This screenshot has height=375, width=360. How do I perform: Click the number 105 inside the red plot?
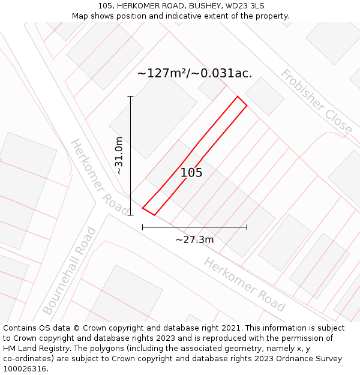(191, 173)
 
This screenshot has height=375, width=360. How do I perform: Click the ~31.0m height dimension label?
(119, 155)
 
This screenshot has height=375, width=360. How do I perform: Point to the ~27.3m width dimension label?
(194, 240)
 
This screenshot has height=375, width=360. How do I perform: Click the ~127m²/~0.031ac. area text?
(194, 74)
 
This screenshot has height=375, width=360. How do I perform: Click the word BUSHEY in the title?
(199, 6)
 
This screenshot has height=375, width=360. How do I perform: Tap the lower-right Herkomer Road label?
(244, 284)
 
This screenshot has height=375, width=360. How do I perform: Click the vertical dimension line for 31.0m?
(130, 155)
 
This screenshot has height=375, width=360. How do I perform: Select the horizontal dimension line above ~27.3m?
(194, 227)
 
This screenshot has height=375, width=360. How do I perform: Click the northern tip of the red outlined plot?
(238, 97)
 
